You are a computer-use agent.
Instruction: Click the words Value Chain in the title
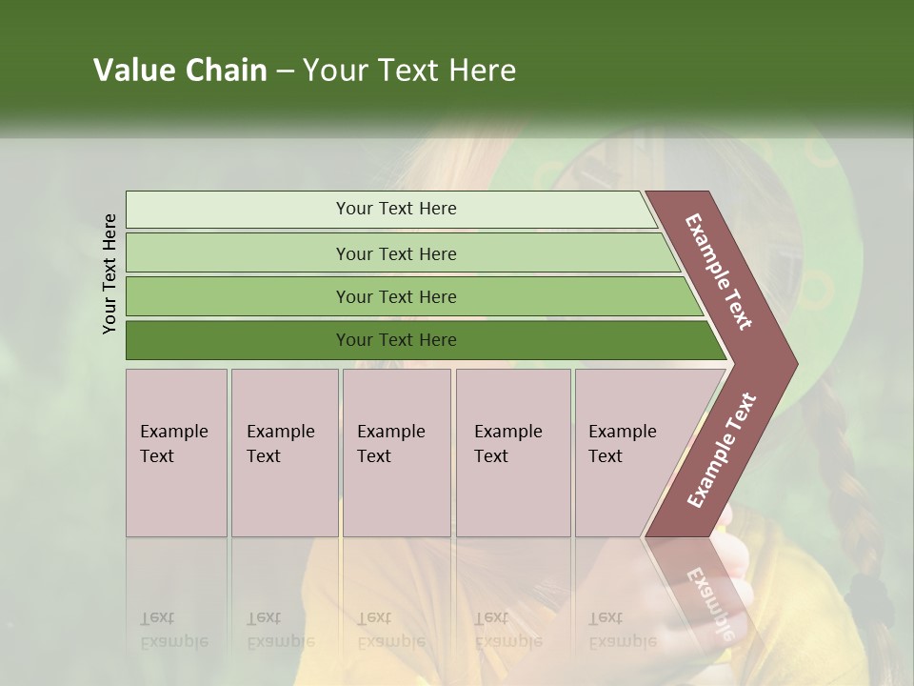pyautogui.click(x=180, y=71)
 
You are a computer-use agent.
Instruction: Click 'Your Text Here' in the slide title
pyautogui.click(x=409, y=71)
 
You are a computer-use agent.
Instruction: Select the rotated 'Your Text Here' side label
pyautogui.click(x=109, y=273)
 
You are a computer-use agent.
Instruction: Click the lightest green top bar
pyautogui.click(x=238, y=210)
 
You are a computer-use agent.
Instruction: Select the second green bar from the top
pyautogui.click(x=238, y=253)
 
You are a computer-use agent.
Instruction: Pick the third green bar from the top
pyautogui.click(x=238, y=296)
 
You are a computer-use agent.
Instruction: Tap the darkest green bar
pyautogui.click(x=238, y=340)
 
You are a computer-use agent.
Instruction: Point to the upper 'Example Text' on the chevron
pyautogui.click(x=719, y=272)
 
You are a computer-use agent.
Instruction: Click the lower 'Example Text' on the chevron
pyautogui.click(x=721, y=450)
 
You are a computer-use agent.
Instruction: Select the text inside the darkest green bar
pyautogui.click(x=396, y=340)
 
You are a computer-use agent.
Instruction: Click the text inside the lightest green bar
pyautogui.click(x=396, y=209)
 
